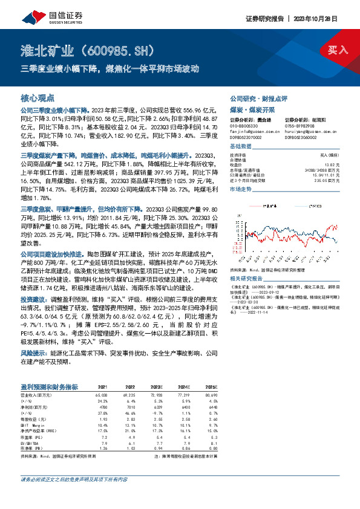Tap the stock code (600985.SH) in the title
point(124,50)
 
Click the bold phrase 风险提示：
point(34,351)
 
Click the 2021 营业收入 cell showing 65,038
point(102,394)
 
